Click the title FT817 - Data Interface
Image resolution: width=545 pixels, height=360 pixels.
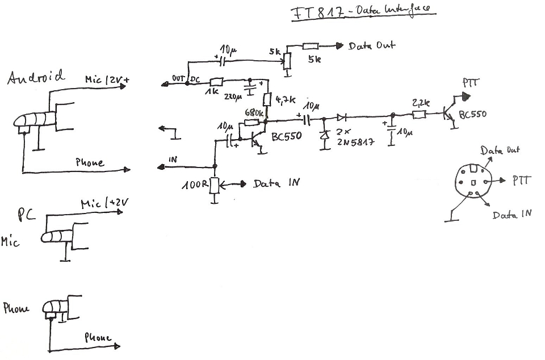pos(362,12)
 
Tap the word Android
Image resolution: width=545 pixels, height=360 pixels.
pos(36,77)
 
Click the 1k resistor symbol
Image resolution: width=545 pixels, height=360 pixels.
pos(216,83)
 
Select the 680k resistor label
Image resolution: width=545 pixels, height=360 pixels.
pos(254,112)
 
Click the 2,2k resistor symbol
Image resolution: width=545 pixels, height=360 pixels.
pos(419,115)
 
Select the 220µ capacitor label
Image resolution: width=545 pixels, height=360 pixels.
pos(232,97)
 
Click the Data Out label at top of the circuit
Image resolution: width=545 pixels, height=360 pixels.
pos(372,45)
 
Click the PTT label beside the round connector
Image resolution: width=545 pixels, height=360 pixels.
pos(521,180)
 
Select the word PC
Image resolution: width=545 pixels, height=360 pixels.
pos(27,214)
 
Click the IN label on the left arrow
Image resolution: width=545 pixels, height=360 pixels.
pos(173,160)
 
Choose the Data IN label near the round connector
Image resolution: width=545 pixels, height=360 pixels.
pos(512,215)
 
